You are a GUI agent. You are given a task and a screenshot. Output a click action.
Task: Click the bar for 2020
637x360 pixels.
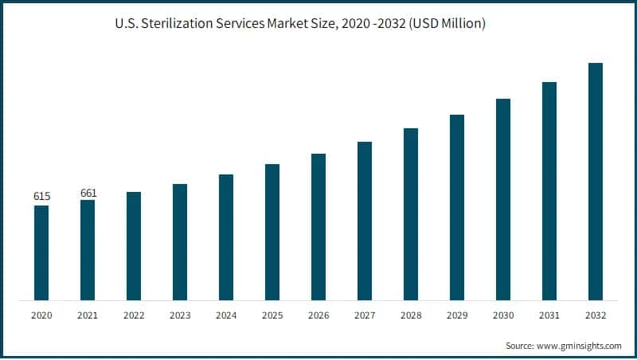pos(41,252)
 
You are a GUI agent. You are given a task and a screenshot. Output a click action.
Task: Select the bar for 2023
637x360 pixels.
pos(180,242)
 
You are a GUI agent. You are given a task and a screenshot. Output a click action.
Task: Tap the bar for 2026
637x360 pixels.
pos(318,227)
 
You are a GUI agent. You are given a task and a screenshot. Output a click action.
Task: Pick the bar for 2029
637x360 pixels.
pos(457,207)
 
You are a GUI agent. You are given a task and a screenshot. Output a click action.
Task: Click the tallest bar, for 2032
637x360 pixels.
pos(596,182)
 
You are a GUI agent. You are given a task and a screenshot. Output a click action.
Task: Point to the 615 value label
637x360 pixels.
pos(41,196)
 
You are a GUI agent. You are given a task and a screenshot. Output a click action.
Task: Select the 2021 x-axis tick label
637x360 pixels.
pos(88,315)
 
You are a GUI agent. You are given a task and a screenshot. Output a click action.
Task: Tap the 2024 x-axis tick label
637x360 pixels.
pos(226,315)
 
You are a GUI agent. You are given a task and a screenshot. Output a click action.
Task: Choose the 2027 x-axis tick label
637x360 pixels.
pos(365,315)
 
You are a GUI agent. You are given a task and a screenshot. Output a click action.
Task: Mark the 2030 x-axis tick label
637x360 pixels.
pos(503,315)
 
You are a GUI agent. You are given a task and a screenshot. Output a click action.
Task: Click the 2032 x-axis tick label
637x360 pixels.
pos(596,315)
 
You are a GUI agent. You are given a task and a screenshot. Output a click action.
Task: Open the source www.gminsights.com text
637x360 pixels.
pos(574,346)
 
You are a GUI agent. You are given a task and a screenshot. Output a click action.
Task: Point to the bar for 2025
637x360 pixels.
pos(272,232)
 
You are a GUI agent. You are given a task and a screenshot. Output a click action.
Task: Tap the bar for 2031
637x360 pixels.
pos(549,191)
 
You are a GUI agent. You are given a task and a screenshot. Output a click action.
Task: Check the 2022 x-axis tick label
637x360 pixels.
pos(134,315)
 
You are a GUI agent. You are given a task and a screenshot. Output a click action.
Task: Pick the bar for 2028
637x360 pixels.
pos(411,214)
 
